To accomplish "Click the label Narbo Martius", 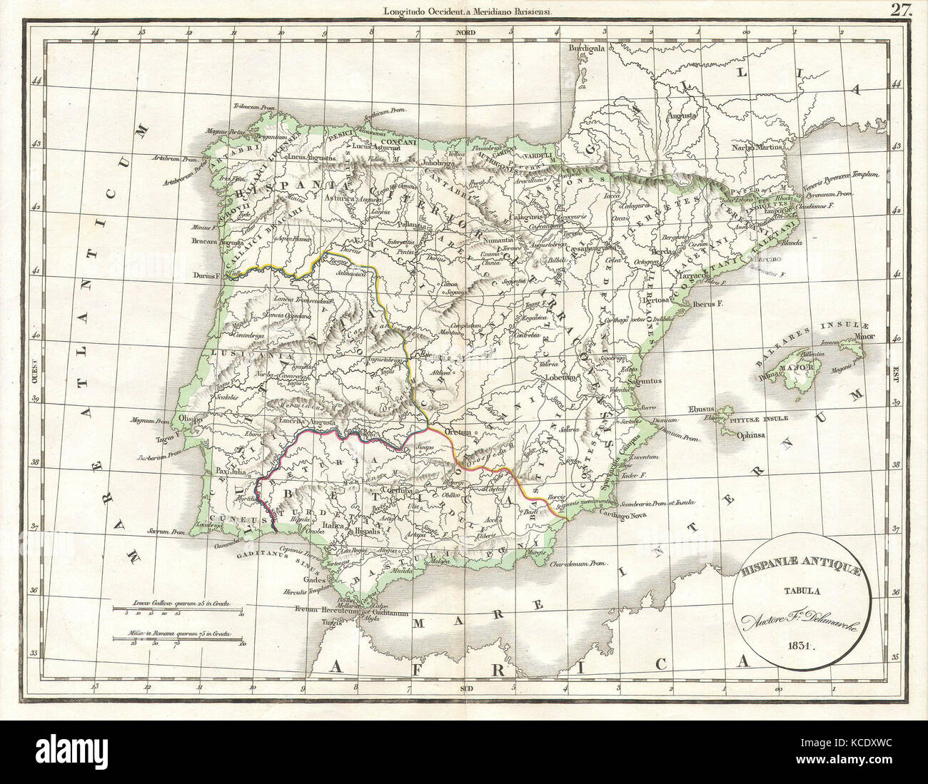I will click(x=757, y=148).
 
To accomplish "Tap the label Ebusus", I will click(x=701, y=409).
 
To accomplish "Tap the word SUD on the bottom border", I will click(x=464, y=688).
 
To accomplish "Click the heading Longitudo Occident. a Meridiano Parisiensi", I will click(x=464, y=9).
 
